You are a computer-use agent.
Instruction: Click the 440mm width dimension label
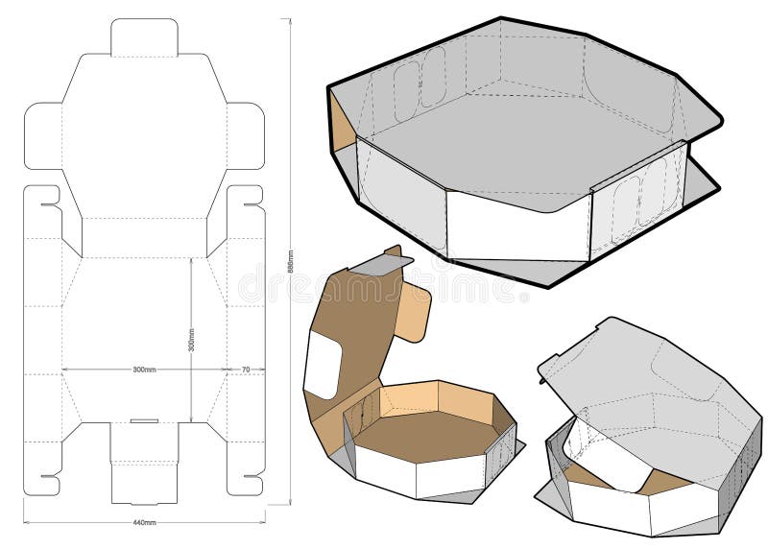pos(144,523)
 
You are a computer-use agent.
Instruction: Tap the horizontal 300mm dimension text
pos(144,369)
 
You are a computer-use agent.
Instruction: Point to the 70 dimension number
pos(245,369)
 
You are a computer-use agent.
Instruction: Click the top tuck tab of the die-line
pos(144,36)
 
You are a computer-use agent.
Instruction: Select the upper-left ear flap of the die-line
pos(42,134)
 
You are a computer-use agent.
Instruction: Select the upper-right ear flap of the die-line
pos(246,134)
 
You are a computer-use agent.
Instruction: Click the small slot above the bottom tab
pos(144,420)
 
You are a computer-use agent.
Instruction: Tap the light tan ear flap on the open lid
pos(414,312)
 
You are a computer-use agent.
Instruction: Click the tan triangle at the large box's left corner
pos(341,119)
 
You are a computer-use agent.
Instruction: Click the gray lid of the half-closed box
pos(653,394)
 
